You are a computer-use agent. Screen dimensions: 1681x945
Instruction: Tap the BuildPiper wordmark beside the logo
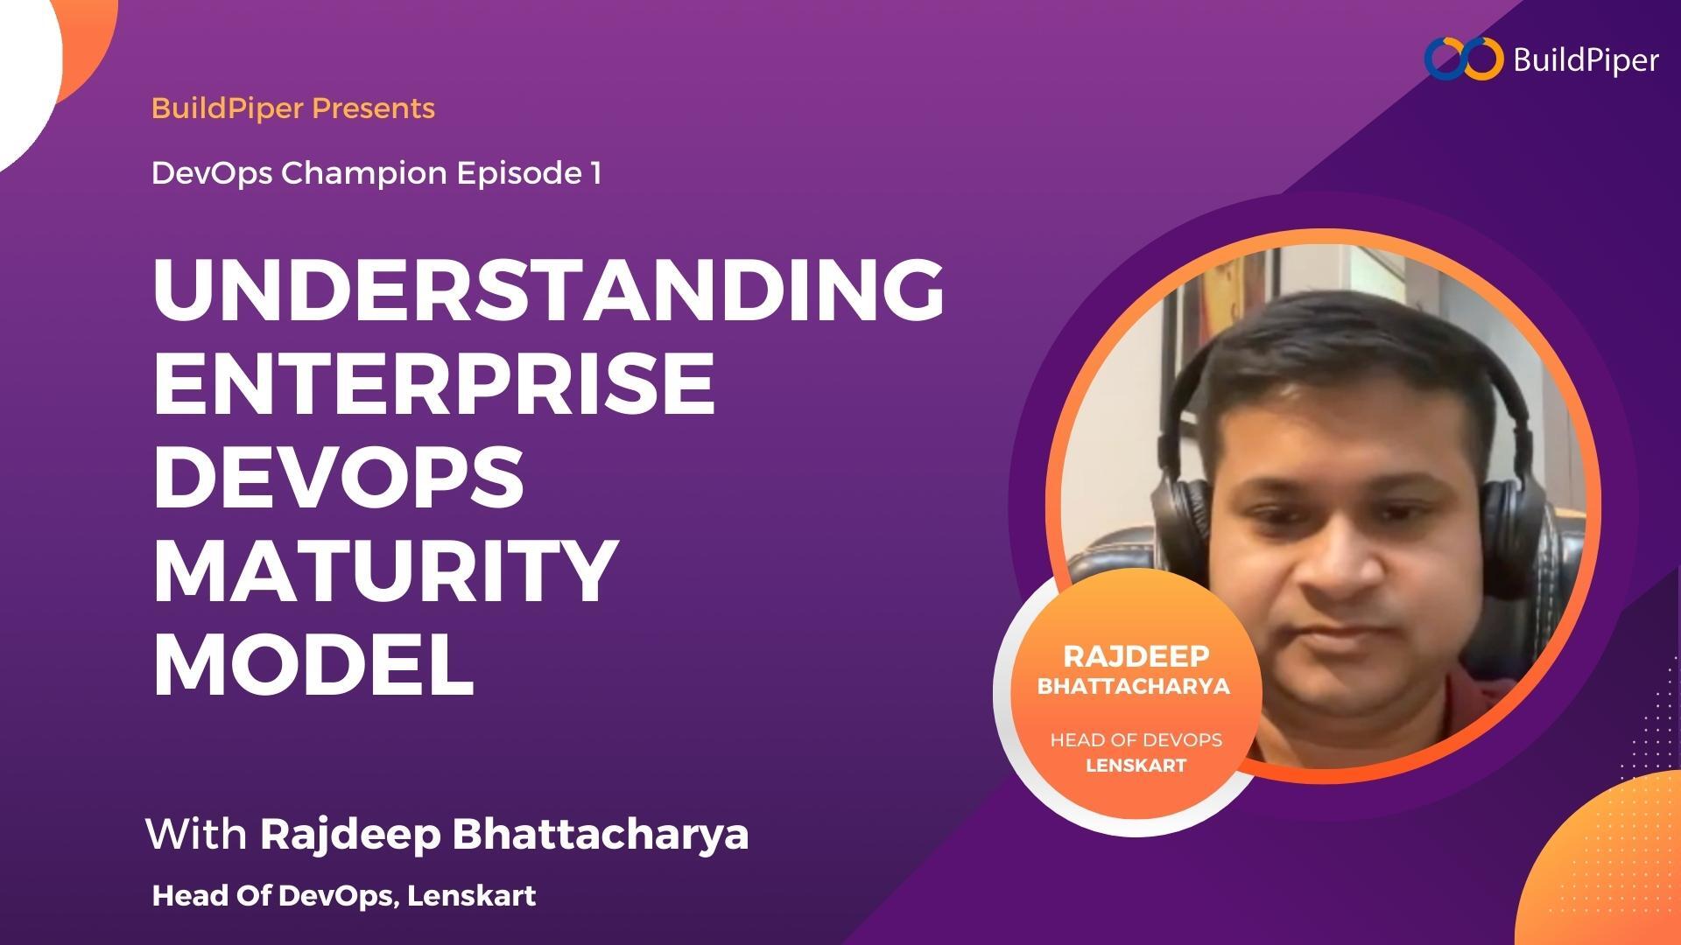point(1586,60)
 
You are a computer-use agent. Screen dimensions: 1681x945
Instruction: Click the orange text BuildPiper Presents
point(293,108)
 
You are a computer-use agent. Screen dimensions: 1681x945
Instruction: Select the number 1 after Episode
point(595,173)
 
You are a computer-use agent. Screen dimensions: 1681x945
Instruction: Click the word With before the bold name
point(196,833)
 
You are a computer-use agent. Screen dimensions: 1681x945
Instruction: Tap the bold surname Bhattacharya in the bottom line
point(601,833)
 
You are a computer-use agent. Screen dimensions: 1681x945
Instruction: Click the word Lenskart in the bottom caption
point(472,896)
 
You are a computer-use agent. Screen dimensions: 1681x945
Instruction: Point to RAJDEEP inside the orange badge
point(1136,656)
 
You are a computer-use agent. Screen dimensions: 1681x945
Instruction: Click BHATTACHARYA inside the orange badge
point(1134,687)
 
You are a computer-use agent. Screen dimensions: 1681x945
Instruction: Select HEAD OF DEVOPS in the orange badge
point(1136,740)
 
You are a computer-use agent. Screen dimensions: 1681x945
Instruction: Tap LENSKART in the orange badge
point(1136,766)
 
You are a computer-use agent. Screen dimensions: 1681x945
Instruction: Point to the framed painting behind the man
point(1221,297)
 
